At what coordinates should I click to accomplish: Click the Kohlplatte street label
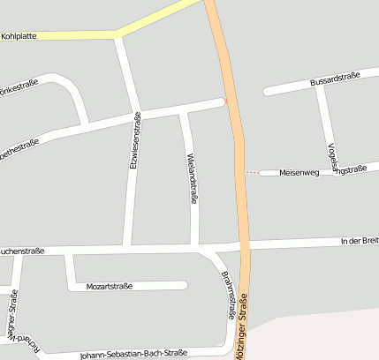pyautogui.click(x=19, y=37)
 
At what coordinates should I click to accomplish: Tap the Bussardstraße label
pyautogui.click(x=334, y=81)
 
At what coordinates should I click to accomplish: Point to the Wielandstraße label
pyautogui.click(x=192, y=178)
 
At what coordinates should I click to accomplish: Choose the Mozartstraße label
pyautogui.click(x=110, y=286)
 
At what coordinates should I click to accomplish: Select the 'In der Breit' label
pyautogui.click(x=359, y=240)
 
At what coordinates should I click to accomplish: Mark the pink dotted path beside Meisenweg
pyautogui.click(x=253, y=172)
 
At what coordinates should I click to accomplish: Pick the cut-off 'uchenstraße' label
pyautogui.click(x=22, y=251)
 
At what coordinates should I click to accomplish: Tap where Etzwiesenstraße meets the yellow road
pyautogui.click(x=118, y=36)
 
